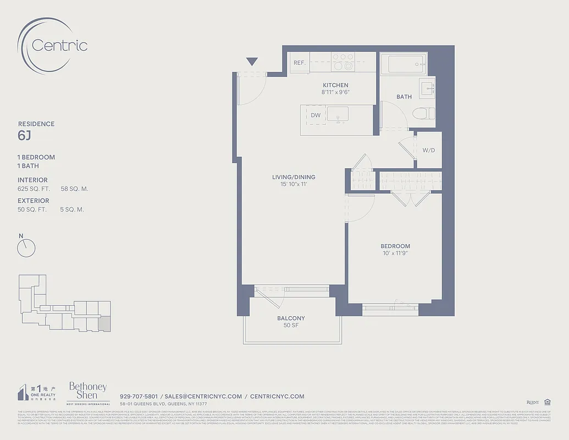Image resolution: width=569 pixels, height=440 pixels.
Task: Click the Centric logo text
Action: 59,45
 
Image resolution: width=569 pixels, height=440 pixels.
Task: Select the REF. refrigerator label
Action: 300,63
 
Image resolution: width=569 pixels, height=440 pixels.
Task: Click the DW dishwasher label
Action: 316,116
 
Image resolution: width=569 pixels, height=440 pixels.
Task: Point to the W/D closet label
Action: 429,150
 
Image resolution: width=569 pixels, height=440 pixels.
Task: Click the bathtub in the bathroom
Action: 406,64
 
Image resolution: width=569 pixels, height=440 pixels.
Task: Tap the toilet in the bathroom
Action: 424,114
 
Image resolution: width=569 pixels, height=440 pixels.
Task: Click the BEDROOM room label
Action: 395,246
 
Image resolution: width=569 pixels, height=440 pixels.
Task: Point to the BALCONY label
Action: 291,318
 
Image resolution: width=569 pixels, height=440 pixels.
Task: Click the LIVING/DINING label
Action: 294,177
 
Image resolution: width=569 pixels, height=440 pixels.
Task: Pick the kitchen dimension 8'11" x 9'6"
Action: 335,92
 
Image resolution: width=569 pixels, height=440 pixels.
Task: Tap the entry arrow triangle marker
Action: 252,62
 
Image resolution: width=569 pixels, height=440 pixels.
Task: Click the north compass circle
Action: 26,249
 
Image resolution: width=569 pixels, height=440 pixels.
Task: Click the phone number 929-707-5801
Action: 139,396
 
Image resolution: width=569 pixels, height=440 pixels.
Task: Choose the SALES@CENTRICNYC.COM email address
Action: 203,396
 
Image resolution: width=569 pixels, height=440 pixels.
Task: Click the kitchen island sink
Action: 338,114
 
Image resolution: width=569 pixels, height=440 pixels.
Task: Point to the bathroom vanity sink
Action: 427,87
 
